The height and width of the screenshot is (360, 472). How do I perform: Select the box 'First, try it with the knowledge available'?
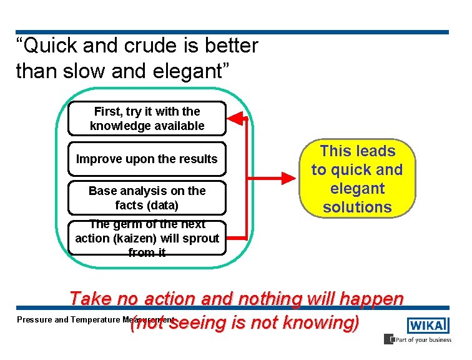click(147, 119)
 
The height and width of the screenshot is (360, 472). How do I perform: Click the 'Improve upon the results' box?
click(147, 159)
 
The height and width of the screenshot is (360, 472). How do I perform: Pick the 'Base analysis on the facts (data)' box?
click(147, 197)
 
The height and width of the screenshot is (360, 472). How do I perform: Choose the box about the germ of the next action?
click(147, 238)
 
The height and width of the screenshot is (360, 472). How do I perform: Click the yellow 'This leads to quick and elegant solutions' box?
click(357, 179)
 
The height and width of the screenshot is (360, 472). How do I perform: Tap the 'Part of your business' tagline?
click(421, 340)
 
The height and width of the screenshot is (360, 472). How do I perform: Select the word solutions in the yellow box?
click(357, 207)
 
